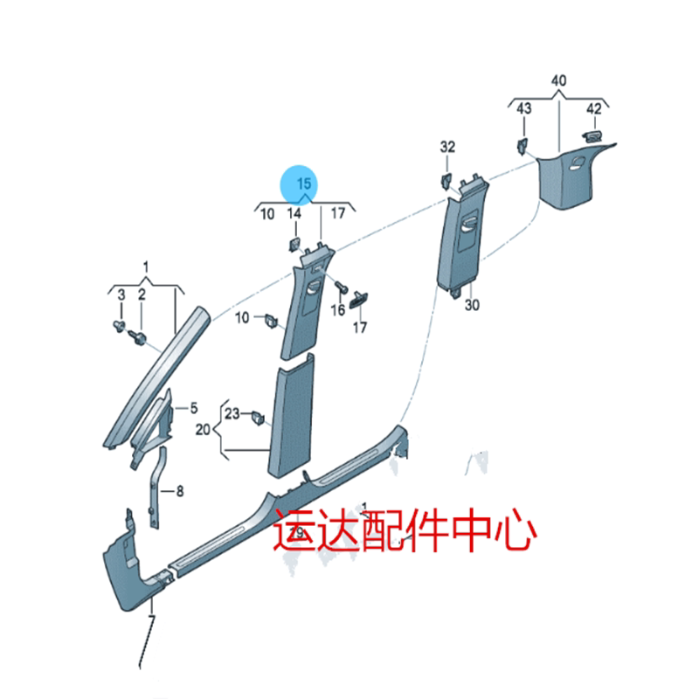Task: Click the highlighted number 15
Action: coord(303,183)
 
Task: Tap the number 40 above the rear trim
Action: coord(558,81)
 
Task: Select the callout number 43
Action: coord(523,108)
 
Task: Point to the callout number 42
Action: coord(593,108)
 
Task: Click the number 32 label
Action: coord(447,147)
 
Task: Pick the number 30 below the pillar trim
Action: coord(472,305)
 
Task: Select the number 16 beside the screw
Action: coord(337,311)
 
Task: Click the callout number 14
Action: coord(294,213)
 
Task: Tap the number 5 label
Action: coord(194,408)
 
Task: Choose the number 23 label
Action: coord(232,413)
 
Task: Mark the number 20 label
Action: coord(203,430)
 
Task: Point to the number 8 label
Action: coord(179,492)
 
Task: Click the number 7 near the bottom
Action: coord(151,621)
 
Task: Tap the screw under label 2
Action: coord(138,336)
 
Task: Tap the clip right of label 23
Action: coord(259,417)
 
